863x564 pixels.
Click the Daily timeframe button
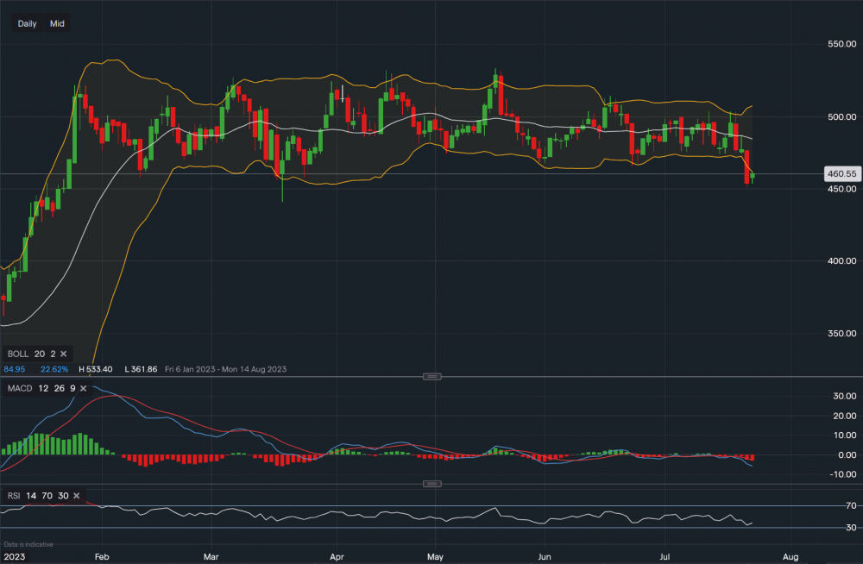click(x=27, y=23)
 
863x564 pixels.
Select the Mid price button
click(x=57, y=23)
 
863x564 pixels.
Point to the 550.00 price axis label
click(x=841, y=43)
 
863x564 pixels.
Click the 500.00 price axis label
click(x=841, y=116)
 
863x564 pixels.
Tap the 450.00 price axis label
click(x=841, y=189)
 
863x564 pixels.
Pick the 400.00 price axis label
click(x=841, y=260)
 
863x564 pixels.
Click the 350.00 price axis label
click(x=841, y=333)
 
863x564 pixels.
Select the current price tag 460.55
click(x=841, y=173)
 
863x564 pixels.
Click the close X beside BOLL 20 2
click(x=63, y=354)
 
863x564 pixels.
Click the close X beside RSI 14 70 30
click(x=77, y=496)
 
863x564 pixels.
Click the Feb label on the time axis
click(x=102, y=556)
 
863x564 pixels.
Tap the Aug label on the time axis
click(x=791, y=556)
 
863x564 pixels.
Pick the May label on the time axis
click(x=436, y=556)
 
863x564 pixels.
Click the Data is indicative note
click(x=29, y=544)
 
